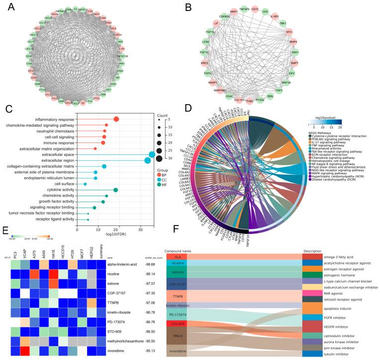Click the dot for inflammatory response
click(x=116, y=119)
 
